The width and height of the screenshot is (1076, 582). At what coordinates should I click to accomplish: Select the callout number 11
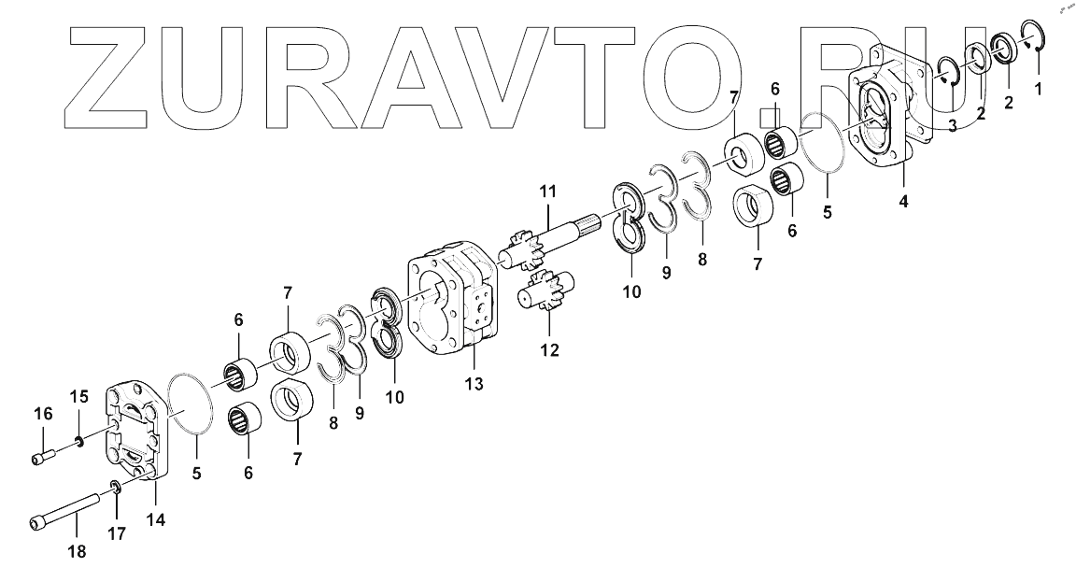(547, 192)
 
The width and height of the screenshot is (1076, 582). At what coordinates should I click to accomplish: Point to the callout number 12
(549, 350)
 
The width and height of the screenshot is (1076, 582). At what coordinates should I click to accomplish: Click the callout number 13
(474, 384)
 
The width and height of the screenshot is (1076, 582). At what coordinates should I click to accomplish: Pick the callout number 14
(157, 519)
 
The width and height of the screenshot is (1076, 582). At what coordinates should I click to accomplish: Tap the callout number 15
(80, 396)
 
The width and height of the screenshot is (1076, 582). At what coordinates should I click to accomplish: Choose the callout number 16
(44, 413)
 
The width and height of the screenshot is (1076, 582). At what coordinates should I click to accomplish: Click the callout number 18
(77, 551)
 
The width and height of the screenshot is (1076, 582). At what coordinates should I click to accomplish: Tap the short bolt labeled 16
(45, 456)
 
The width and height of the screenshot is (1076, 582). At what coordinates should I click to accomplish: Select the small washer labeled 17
(115, 486)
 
